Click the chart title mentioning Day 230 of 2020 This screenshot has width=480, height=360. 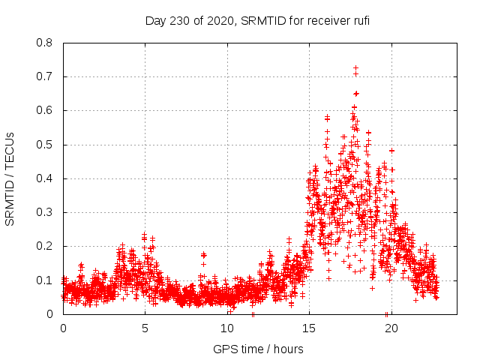(257, 20)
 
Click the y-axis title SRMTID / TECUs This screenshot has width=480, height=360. (10, 178)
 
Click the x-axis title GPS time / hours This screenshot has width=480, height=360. (258, 349)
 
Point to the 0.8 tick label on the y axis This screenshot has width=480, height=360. (46, 43)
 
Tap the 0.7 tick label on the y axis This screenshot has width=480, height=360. (46, 76)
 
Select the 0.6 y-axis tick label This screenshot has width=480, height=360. (46, 110)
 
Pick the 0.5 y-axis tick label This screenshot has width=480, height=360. (46, 145)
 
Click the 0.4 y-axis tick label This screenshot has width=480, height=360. (46, 178)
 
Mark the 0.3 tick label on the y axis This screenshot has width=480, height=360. (46, 212)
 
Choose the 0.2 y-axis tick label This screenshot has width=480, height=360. (46, 246)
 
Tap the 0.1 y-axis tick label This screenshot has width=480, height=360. (46, 280)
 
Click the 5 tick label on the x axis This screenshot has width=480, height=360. (145, 328)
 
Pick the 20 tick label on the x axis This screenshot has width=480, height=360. (391, 328)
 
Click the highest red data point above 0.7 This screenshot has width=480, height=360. (355, 68)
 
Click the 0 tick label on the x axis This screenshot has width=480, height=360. (63, 328)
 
